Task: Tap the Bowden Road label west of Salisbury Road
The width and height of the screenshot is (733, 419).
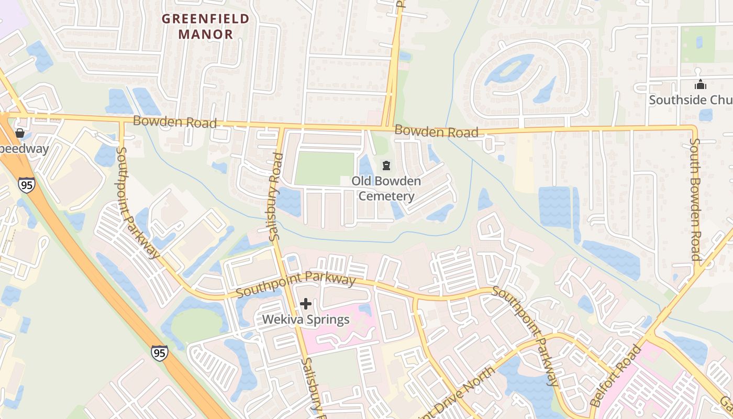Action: (174, 122)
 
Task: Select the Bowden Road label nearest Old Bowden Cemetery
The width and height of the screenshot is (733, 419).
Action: (436, 131)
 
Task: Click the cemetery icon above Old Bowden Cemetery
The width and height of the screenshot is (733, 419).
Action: (386, 166)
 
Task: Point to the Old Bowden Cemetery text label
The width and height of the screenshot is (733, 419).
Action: (386, 189)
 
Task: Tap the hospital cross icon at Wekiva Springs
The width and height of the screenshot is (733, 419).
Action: (306, 304)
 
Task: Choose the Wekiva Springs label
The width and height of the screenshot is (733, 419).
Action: (306, 319)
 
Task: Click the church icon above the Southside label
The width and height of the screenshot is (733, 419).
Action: (700, 84)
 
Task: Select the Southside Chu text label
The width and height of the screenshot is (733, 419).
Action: (691, 100)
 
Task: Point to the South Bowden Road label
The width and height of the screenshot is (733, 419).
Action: (695, 199)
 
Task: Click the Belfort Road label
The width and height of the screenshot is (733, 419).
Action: (616, 376)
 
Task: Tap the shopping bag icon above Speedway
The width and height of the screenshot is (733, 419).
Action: (20, 133)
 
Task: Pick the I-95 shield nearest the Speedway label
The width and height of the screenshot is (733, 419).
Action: (26, 184)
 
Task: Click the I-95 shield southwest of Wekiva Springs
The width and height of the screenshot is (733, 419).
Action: (160, 352)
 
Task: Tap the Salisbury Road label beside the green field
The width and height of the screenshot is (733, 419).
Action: (276, 197)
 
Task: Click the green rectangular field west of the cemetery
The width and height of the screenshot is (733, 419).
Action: (325, 169)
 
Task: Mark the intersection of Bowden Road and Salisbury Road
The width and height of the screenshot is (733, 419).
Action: (281, 126)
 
